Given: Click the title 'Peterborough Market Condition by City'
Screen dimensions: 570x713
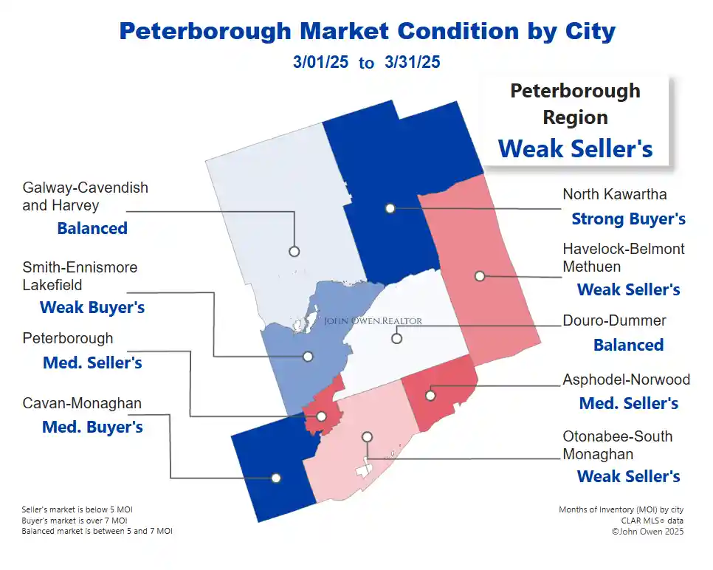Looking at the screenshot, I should coord(367,31).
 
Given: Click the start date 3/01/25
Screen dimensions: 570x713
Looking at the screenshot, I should coord(320,62).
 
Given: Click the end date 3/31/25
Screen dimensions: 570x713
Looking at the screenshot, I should coord(412,62).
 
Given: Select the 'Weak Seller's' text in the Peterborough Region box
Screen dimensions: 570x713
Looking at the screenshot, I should coord(575,148).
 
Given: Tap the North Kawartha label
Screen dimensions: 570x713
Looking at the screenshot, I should coord(614,194).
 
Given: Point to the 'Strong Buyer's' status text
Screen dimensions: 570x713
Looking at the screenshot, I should coord(628,219).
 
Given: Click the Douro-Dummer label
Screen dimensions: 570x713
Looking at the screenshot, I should coord(614,321).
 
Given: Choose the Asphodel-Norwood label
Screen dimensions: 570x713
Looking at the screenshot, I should coord(626,380).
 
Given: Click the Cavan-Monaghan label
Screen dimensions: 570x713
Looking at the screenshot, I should coord(82,403).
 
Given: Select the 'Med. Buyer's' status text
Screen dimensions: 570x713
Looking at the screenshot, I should coord(92,427).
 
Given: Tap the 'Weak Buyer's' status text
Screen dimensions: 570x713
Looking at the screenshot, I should coord(92,307).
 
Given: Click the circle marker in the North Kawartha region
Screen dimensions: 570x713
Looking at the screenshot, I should coord(390,208).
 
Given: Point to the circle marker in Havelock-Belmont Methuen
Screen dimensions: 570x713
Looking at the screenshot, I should coord(480,276).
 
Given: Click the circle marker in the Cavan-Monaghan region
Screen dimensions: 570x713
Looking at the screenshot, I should coord(276,478).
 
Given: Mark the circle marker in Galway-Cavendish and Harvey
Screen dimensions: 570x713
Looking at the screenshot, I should coord(294,251).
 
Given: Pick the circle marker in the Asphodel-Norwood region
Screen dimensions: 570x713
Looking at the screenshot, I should coord(430,396).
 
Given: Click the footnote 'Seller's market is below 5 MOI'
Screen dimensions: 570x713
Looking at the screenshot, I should coord(77,509).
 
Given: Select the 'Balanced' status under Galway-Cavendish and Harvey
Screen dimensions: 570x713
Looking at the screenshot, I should coord(92,228).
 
